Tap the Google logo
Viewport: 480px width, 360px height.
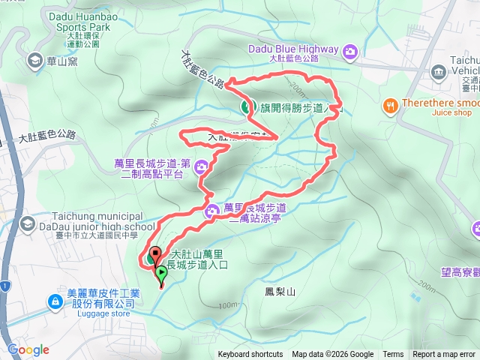(28, 349)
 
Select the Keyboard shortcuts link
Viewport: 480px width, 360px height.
(250, 355)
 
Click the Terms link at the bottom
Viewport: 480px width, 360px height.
(393, 355)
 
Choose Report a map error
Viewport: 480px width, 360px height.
(445, 355)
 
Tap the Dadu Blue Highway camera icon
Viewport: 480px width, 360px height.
(350, 51)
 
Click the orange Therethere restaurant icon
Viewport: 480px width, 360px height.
(390, 106)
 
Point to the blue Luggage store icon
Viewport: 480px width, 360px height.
(55, 302)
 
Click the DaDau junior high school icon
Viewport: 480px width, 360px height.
(28, 223)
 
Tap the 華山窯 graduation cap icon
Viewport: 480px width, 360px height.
(34, 59)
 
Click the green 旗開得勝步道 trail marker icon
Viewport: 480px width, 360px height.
(246, 108)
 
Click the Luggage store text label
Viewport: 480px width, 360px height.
(103, 313)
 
